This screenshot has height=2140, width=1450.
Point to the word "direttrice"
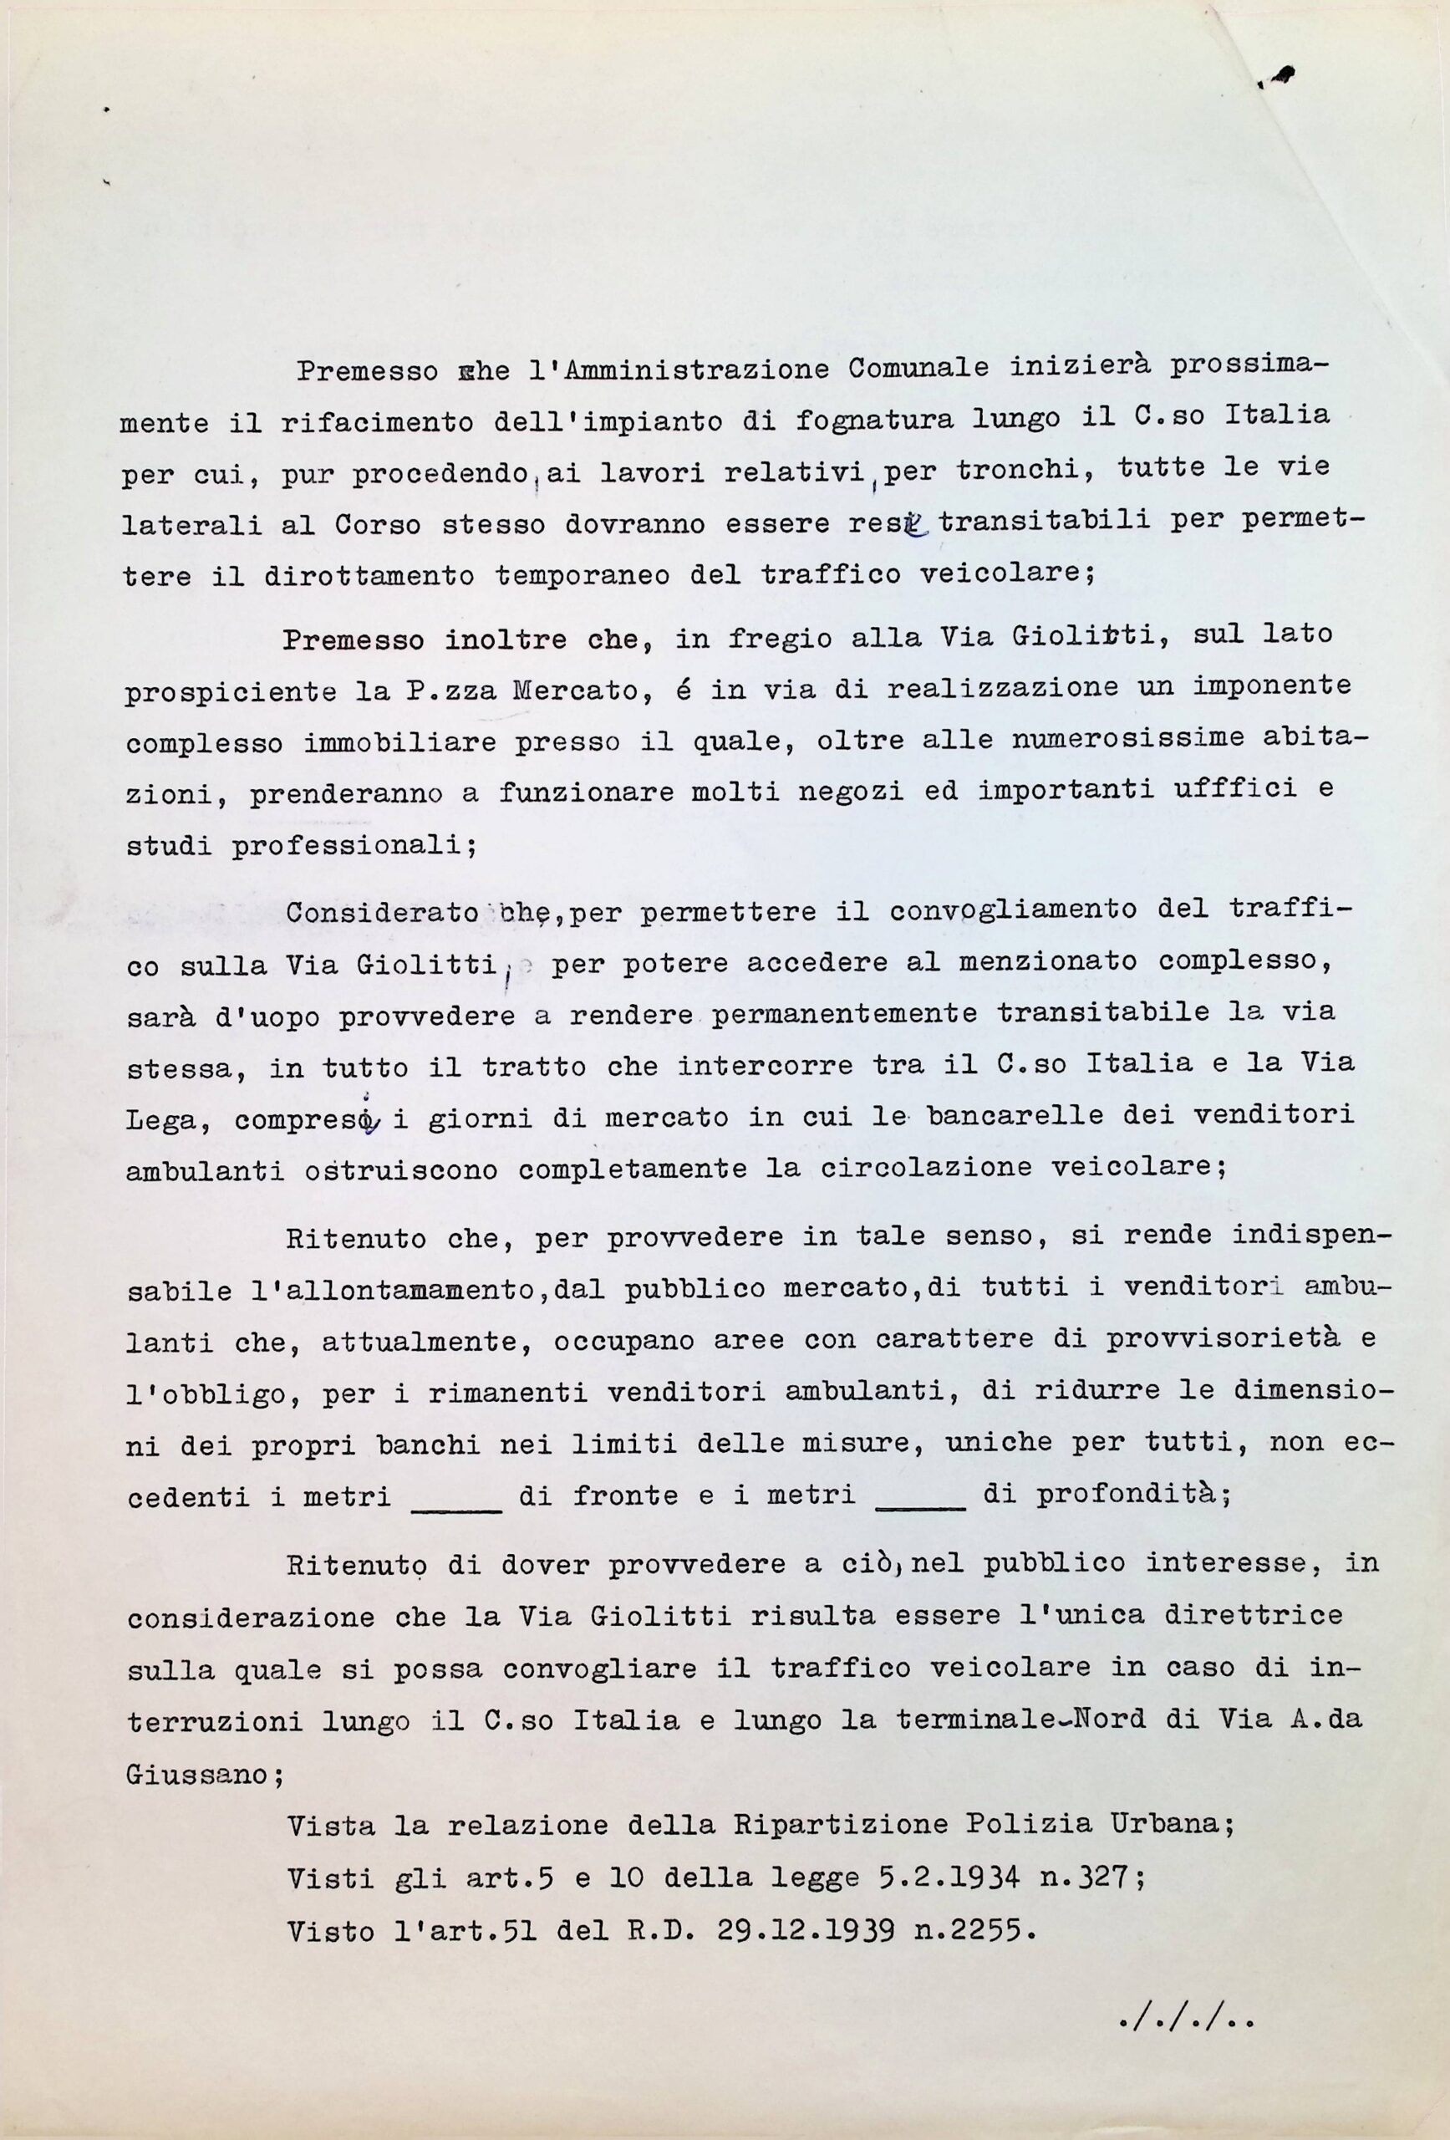1251,1616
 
